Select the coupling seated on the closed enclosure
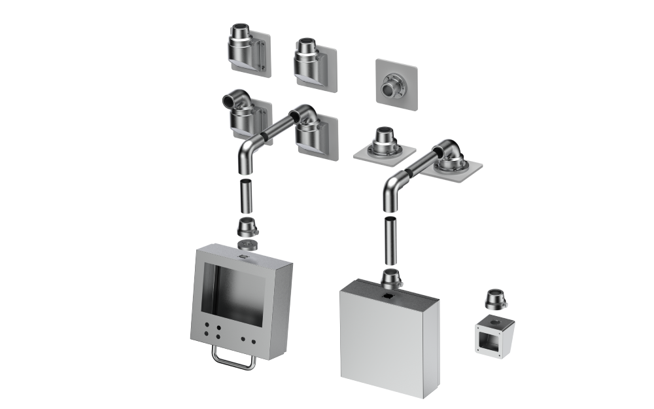pyautogui.click(x=390, y=278)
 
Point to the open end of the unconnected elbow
pyautogui.click(x=228, y=101)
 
